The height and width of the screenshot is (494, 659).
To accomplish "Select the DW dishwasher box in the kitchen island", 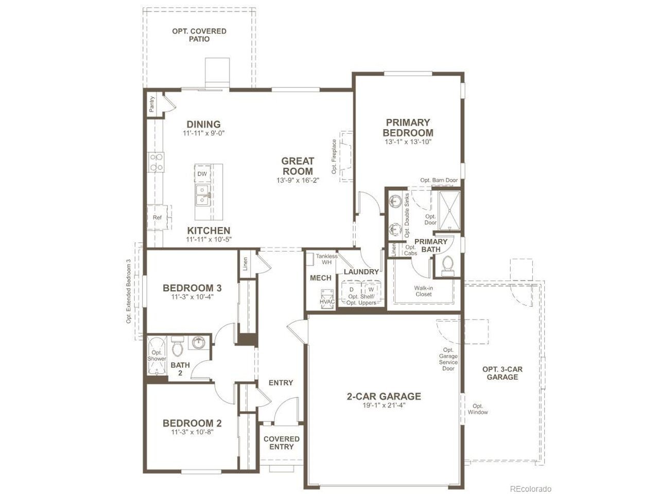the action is tap(202, 174).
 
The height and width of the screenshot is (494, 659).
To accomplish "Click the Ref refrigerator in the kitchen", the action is tap(158, 218).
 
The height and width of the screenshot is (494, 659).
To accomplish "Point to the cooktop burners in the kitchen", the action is tap(157, 162).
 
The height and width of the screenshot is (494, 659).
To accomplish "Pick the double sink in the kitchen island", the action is tap(204, 195).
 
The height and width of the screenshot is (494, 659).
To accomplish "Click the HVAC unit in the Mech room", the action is tap(327, 299).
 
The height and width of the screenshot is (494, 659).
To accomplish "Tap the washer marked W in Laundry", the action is tap(371, 290).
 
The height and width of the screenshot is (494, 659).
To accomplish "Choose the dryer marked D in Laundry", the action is tap(352, 290).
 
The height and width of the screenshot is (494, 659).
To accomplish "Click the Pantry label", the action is tap(152, 104).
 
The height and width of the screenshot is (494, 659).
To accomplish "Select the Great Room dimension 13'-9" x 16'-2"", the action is tap(298, 180).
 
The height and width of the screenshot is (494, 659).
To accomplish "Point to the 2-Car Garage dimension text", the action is tap(384, 405).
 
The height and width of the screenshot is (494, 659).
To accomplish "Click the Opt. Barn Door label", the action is tap(439, 180).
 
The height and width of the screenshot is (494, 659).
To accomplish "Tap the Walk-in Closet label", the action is tap(424, 291).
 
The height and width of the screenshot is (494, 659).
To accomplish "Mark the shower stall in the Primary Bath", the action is tap(449, 211).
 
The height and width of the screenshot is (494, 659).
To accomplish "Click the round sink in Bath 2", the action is tap(198, 343).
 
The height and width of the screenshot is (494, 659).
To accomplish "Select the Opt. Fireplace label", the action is tap(334, 156).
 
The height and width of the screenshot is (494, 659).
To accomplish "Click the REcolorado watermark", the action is tap(531, 489).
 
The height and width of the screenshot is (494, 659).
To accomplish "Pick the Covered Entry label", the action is tap(281, 443).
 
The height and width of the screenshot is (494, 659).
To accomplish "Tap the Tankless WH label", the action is tap(326, 259).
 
